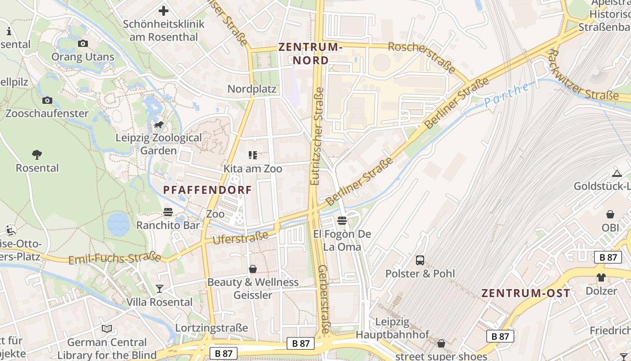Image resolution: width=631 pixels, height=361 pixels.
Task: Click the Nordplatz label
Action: (x=251, y=89)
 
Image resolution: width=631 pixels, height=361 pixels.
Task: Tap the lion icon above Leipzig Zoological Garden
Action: (x=159, y=125)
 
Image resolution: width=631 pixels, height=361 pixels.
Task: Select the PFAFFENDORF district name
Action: (x=207, y=190)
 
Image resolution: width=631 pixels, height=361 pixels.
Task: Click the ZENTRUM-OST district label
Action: (x=526, y=293)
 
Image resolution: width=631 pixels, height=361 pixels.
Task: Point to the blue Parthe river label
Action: (x=507, y=95)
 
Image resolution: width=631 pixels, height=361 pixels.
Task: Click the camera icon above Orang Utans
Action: (x=83, y=44)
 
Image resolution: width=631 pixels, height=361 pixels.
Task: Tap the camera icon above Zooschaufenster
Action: (x=47, y=100)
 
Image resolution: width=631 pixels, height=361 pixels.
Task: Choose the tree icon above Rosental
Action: (x=37, y=155)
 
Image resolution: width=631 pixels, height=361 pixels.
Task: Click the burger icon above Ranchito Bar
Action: (x=168, y=212)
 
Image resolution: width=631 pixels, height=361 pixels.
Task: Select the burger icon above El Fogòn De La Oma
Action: (x=342, y=221)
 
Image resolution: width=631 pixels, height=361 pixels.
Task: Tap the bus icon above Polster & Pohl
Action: (x=420, y=260)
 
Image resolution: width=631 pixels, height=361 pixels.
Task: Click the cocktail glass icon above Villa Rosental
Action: (x=159, y=289)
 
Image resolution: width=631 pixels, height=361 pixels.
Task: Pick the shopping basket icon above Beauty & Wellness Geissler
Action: (x=253, y=269)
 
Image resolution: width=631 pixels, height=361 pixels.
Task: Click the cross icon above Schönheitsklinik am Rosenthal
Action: (x=164, y=10)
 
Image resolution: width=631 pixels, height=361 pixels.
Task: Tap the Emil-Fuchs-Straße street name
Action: (x=114, y=259)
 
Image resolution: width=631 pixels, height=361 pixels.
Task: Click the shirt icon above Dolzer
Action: (x=601, y=278)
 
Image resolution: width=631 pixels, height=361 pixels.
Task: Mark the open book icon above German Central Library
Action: (x=107, y=329)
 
